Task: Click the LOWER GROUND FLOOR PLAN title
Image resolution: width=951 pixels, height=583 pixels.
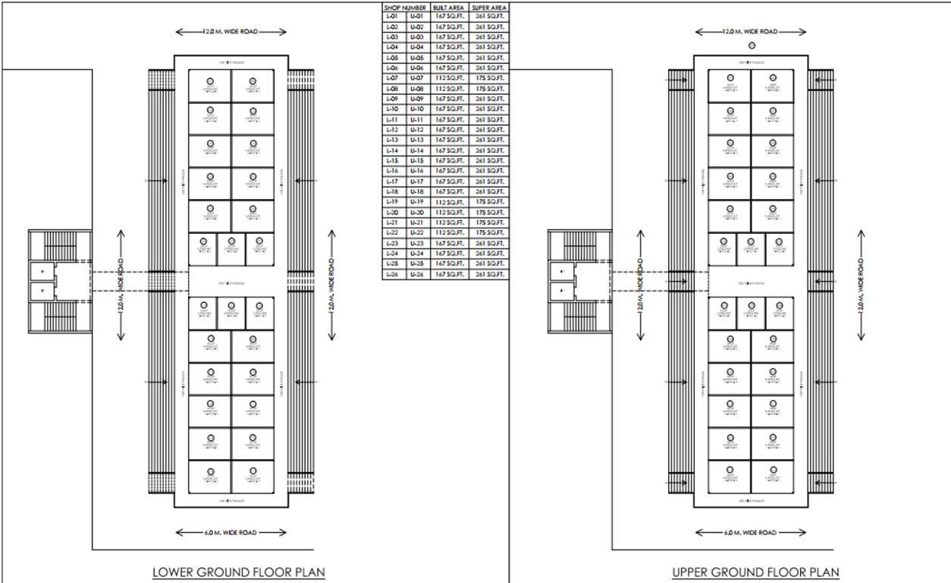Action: (239, 572)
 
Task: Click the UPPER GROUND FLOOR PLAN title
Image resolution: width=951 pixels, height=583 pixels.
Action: (755, 572)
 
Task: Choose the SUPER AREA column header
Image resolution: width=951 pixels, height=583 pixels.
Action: (490, 7)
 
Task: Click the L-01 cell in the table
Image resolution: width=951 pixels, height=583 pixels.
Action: (392, 17)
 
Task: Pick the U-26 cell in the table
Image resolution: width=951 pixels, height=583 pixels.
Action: (416, 274)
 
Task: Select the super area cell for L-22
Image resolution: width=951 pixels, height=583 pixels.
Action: (490, 233)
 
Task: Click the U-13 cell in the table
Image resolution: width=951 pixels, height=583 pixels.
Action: (416, 140)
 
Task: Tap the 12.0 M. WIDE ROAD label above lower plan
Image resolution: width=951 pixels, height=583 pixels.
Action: (231, 32)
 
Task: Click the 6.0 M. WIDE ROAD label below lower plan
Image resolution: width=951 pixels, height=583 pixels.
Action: (231, 533)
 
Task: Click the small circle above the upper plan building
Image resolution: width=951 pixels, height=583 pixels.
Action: (752, 46)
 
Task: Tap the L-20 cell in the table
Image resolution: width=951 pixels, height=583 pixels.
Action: (392, 213)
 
